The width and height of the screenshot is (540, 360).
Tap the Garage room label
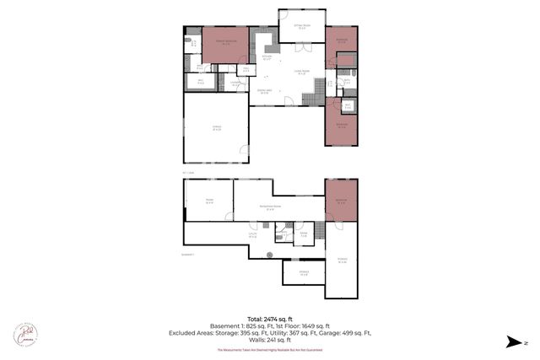216,128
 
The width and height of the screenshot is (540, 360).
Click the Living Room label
301,72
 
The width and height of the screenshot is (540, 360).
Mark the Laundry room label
238,83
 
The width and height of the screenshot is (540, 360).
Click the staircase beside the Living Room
318,86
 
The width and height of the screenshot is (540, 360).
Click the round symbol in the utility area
269,255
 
